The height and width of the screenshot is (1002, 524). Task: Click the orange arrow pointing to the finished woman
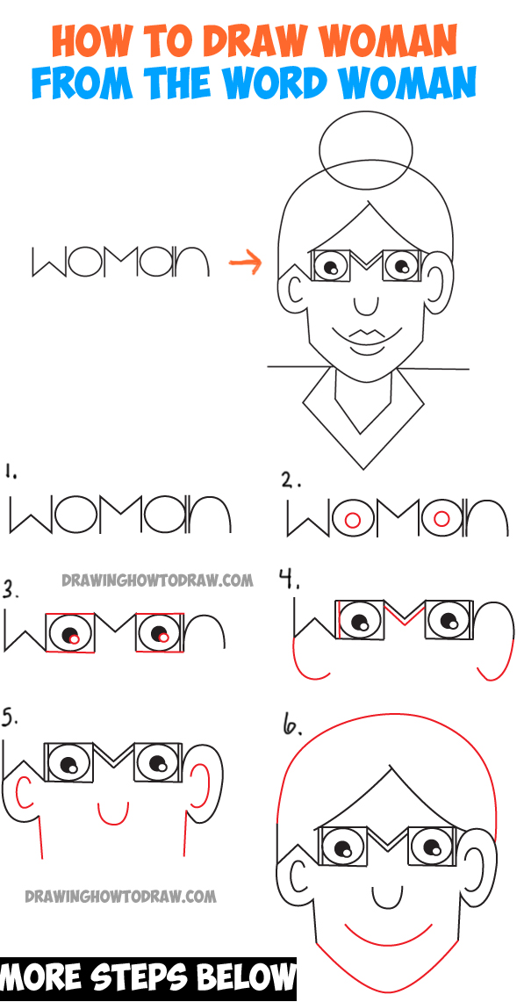[x=246, y=262]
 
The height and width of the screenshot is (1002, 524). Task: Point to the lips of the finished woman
[x=367, y=335]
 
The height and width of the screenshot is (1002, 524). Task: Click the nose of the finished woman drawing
[x=366, y=304]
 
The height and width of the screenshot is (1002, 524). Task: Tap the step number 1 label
[x=11, y=472]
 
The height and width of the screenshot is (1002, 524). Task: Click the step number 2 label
[x=291, y=480]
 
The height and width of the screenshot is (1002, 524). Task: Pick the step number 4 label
[x=290, y=580]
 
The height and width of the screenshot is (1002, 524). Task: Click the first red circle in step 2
[x=350, y=520]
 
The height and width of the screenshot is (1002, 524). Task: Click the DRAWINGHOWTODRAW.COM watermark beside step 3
[x=157, y=580]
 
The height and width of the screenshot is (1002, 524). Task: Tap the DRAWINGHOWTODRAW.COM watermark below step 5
[x=120, y=896]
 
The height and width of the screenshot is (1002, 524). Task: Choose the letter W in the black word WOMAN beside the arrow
[x=48, y=263]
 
